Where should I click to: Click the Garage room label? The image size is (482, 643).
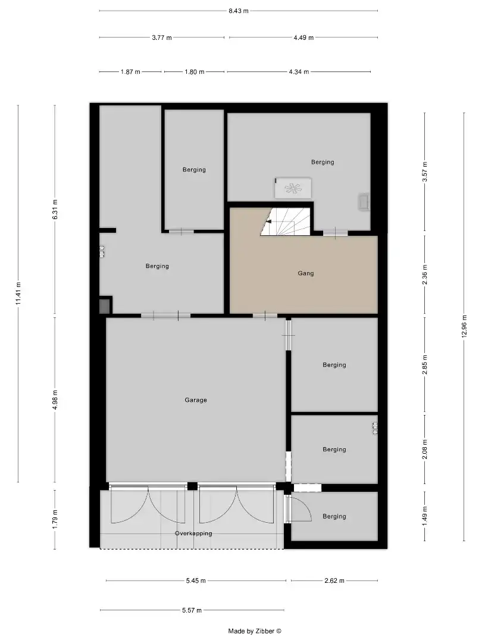click(x=195, y=400)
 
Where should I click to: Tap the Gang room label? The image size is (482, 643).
click(x=305, y=274)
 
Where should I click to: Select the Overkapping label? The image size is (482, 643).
click(x=193, y=533)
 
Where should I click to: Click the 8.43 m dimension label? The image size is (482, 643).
click(x=238, y=11)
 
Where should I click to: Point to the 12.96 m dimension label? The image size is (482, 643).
click(x=464, y=327)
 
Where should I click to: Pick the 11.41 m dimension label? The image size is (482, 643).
click(x=18, y=294)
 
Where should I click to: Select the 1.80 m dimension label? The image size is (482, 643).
click(x=193, y=72)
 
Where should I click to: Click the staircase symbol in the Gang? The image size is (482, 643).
click(x=286, y=221)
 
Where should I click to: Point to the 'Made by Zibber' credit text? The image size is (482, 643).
click(x=255, y=631)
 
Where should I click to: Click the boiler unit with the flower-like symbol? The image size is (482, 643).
click(x=292, y=188)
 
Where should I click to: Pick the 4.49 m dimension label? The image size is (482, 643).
click(x=303, y=38)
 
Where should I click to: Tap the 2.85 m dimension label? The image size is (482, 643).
click(x=425, y=365)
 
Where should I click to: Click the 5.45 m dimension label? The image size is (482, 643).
click(x=195, y=580)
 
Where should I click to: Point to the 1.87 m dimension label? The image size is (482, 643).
click(x=130, y=72)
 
